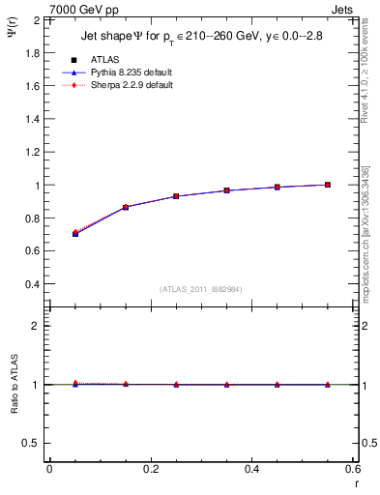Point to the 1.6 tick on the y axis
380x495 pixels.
point(31,85)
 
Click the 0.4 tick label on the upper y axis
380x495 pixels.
point(31,284)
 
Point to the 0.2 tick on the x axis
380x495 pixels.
point(150,469)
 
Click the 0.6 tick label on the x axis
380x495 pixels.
point(352,469)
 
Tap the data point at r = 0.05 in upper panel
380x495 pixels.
point(74,233)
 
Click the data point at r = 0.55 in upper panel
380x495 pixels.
point(328,185)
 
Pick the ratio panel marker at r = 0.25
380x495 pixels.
point(176,385)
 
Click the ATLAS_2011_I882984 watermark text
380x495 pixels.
point(200,289)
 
